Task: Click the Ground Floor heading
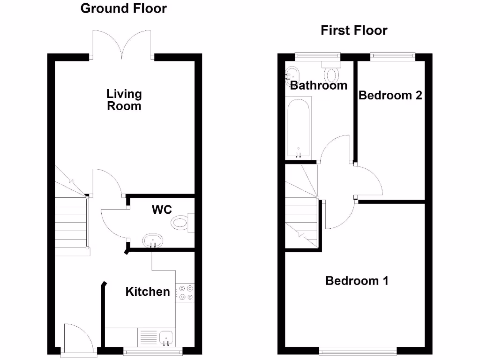[x=123, y=8]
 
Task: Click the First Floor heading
[x=354, y=30]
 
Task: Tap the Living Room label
[x=124, y=100]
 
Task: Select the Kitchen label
[x=148, y=292]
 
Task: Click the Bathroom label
[x=319, y=85]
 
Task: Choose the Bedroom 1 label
[x=357, y=281]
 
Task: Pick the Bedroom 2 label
[x=390, y=96]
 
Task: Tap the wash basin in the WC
[x=153, y=240]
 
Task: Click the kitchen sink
[x=166, y=337]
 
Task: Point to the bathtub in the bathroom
[x=299, y=127]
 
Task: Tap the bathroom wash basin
[x=292, y=75]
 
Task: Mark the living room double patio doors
[x=123, y=45]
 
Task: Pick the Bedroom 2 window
[x=393, y=57]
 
